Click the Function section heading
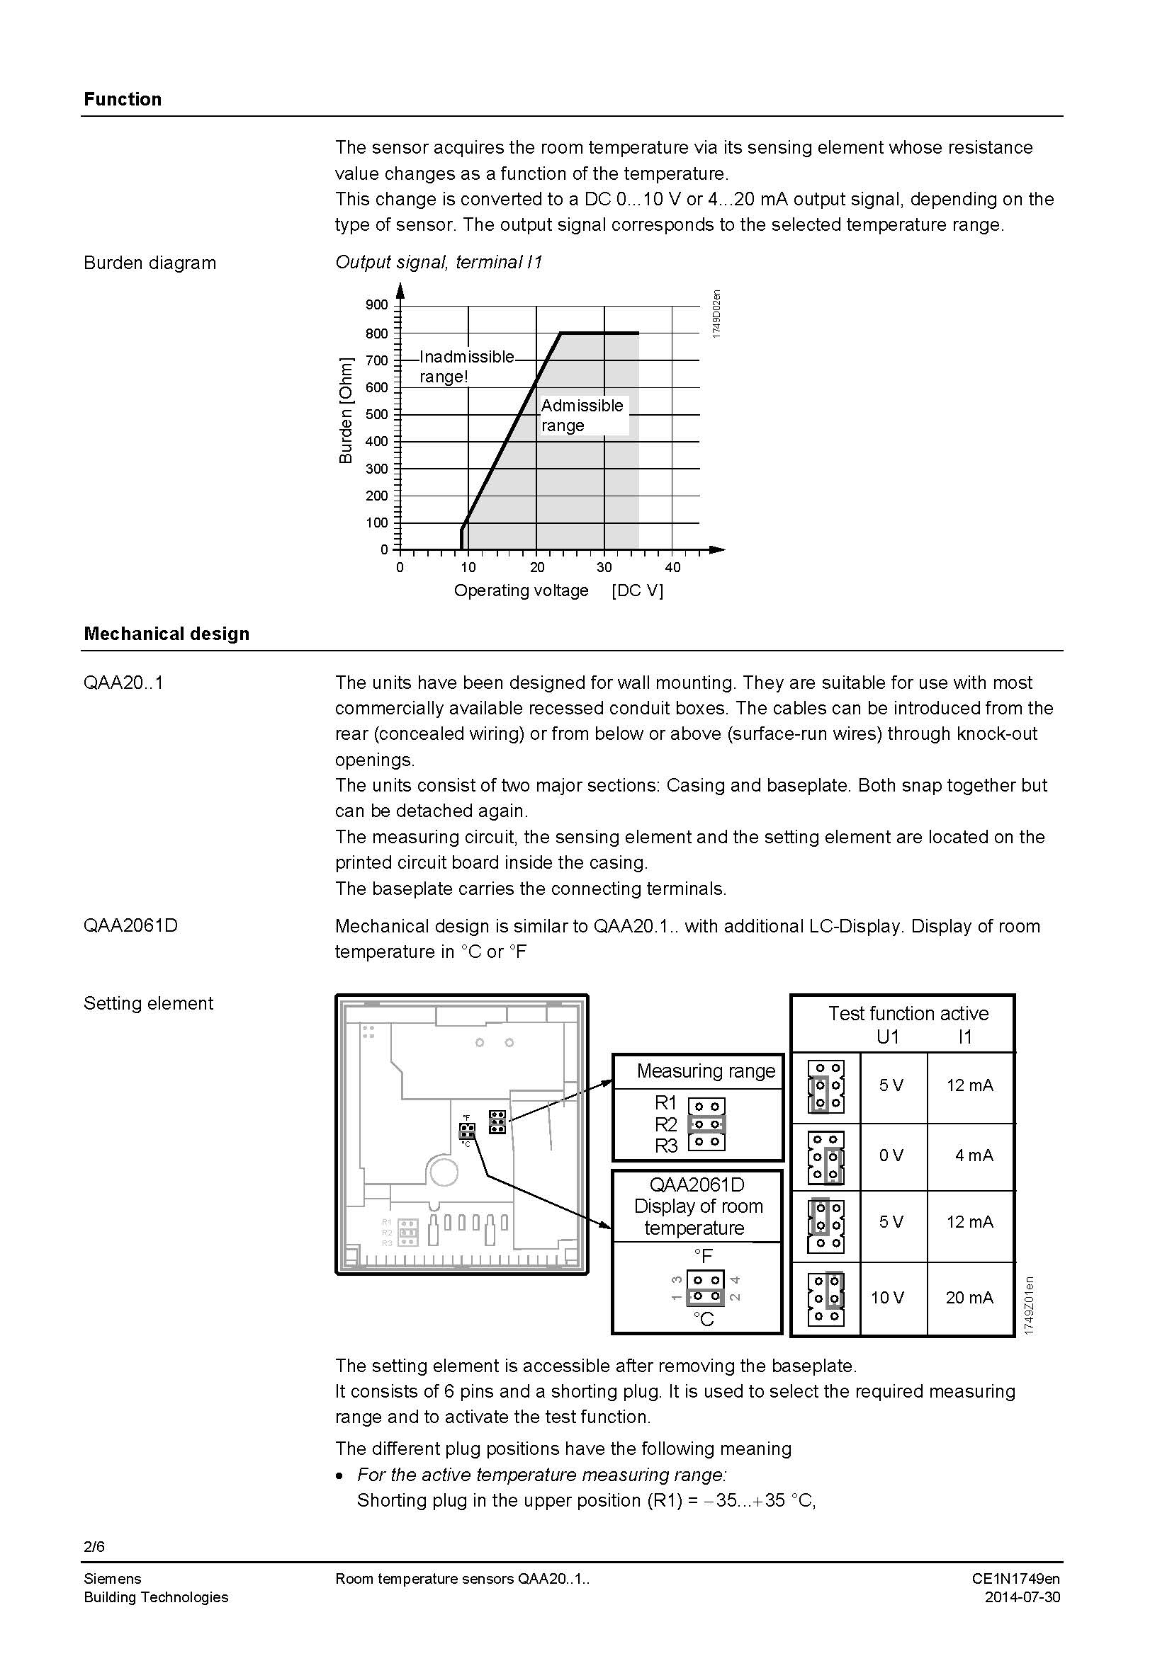[122, 99]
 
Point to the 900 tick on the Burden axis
[377, 305]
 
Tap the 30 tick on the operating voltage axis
[604, 568]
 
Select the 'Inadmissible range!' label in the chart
[466, 367]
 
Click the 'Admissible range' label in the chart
[582, 415]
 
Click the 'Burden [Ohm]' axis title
[346, 411]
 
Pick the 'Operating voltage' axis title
[521, 590]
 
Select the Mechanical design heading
[166, 633]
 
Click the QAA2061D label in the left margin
[130, 925]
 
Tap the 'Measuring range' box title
[705, 1071]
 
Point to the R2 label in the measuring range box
[665, 1124]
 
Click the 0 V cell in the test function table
[891, 1155]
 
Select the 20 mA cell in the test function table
[969, 1298]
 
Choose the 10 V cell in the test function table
[887, 1298]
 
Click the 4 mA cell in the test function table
[974, 1155]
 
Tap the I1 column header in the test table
[965, 1037]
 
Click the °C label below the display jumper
[703, 1319]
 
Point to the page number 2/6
[94, 1547]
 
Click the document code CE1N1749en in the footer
[1015, 1579]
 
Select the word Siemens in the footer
[112, 1579]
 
